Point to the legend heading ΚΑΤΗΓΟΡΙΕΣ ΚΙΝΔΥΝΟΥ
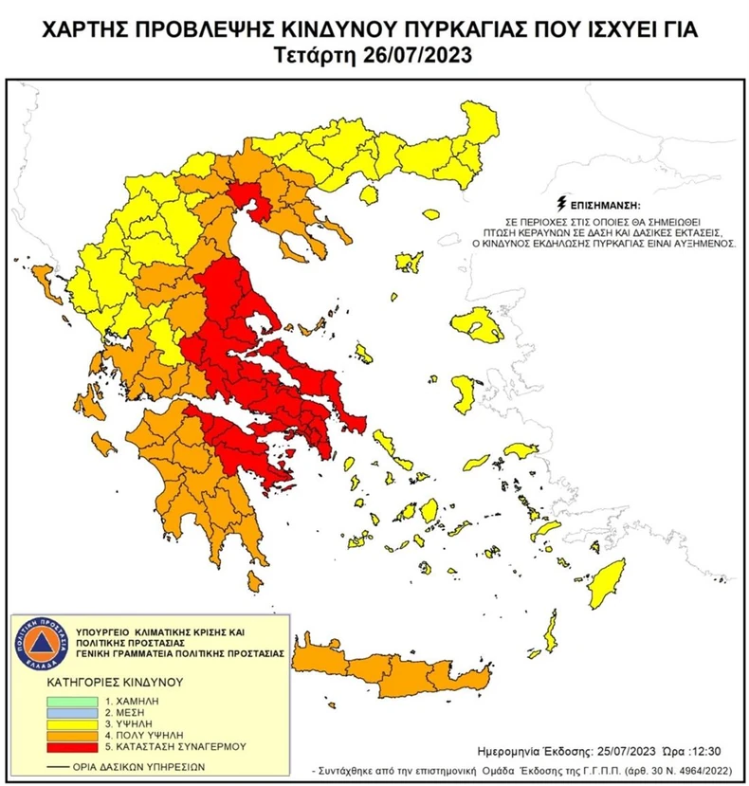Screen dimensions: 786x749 [104, 681]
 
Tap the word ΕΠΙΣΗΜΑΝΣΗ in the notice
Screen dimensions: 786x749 [606, 205]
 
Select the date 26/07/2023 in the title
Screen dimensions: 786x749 [415, 55]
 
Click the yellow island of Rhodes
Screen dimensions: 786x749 [604, 582]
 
